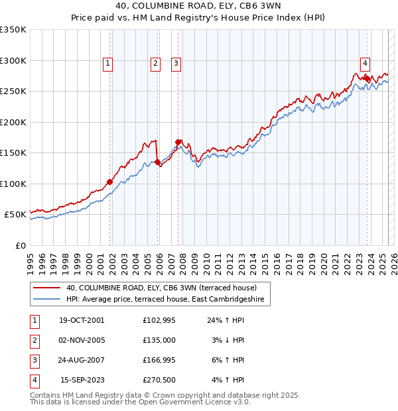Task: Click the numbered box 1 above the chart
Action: (x=107, y=64)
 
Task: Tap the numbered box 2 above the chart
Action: (x=155, y=64)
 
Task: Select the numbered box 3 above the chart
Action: (x=176, y=64)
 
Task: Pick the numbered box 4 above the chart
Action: (x=365, y=64)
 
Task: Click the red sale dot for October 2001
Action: (x=109, y=182)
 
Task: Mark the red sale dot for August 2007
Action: (x=178, y=142)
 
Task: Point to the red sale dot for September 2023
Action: (x=367, y=78)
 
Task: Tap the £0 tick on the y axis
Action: (x=21, y=245)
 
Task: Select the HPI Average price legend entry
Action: (x=165, y=300)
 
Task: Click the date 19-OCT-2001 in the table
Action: (x=82, y=320)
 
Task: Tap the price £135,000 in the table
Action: (x=159, y=340)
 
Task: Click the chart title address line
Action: (x=199, y=7)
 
